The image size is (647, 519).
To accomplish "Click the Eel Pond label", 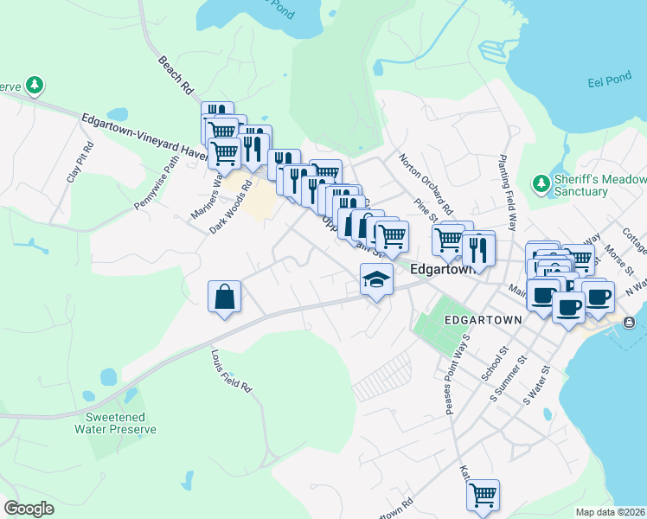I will click(x=606, y=84).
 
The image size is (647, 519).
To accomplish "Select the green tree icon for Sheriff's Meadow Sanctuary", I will click(x=541, y=183).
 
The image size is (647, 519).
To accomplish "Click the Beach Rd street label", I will click(x=176, y=75).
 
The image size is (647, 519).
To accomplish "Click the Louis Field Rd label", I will click(x=231, y=372).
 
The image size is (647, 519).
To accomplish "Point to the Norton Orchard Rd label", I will click(x=426, y=184).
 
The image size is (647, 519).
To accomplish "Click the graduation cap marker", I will click(x=376, y=279).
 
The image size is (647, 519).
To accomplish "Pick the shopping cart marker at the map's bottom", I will click(x=483, y=496).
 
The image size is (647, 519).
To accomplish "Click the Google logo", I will click(x=29, y=509).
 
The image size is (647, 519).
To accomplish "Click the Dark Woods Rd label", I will click(x=230, y=207).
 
